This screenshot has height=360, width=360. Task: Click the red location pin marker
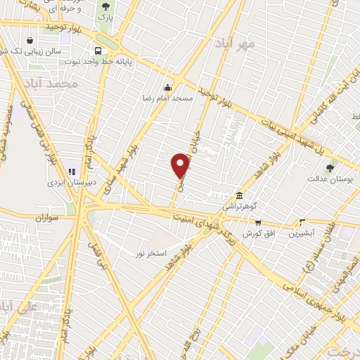(181, 166)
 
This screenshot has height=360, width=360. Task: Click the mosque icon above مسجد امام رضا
(167, 89)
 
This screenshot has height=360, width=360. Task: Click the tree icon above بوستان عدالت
(330, 168)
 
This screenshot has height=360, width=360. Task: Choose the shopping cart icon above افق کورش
(258, 222)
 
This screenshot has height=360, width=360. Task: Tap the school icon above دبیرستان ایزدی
(71, 172)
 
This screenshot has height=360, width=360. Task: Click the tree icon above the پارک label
(106, 6)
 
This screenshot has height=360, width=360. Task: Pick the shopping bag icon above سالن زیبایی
(30, 40)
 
